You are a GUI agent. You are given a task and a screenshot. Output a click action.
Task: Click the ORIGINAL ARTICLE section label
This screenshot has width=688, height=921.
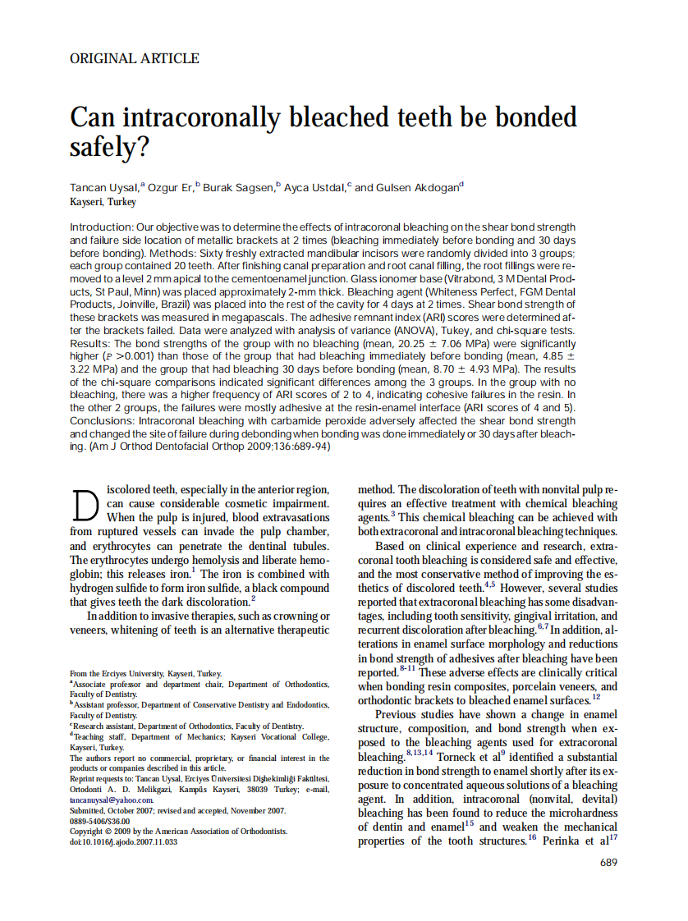pyautogui.click(x=135, y=58)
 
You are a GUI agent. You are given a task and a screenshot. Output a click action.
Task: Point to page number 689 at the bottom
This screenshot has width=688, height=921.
pyautogui.click(x=608, y=862)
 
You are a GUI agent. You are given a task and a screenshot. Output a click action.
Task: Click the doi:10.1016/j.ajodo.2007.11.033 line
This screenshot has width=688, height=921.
pyautogui.click(x=123, y=842)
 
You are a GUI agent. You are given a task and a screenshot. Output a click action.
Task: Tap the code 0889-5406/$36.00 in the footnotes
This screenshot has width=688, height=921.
pyautogui.click(x=100, y=821)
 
